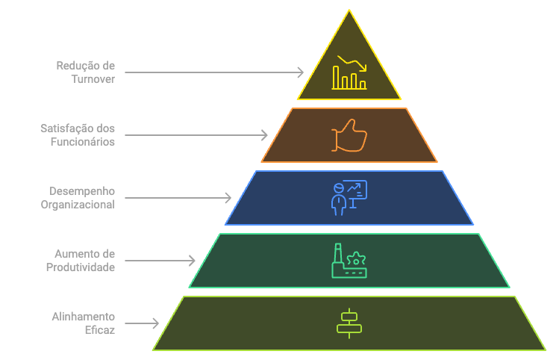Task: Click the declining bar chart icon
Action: coord(349,72)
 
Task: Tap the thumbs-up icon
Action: coord(349,135)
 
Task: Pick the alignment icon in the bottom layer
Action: coord(349,323)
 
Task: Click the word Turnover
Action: coord(93,78)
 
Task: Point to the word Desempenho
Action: coord(82,191)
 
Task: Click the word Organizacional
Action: coord(78,204)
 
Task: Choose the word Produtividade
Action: coord(81,267)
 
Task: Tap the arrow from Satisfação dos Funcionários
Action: coord(196,135)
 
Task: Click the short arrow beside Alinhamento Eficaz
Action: coord(142,323)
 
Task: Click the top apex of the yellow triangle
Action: coord(349,10)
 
